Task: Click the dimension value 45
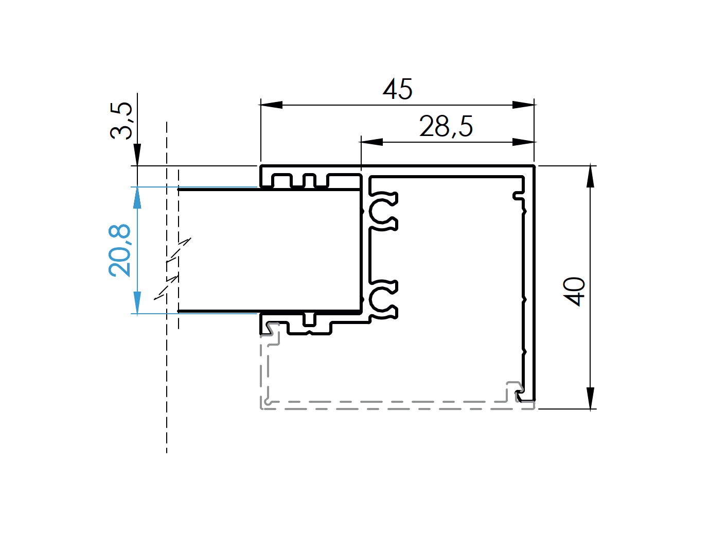click(398, 90)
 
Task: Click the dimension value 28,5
click(446, 127)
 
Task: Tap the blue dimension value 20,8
click(120, 250)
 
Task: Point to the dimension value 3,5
click(121, 121)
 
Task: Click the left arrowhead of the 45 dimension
click(272, 105)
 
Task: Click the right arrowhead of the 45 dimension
click(524, 105)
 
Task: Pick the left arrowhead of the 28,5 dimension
click(371, 142)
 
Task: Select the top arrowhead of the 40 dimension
click(591, 176)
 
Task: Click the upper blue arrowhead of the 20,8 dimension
click(137, 198)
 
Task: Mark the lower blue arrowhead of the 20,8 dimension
click(137, 302)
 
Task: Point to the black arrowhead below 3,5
click(137, 155)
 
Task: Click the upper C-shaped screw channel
click(383, 211)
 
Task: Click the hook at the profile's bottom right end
click(521, 396)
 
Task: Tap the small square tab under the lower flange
click(309, 320)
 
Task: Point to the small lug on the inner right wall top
click(518, 195)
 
